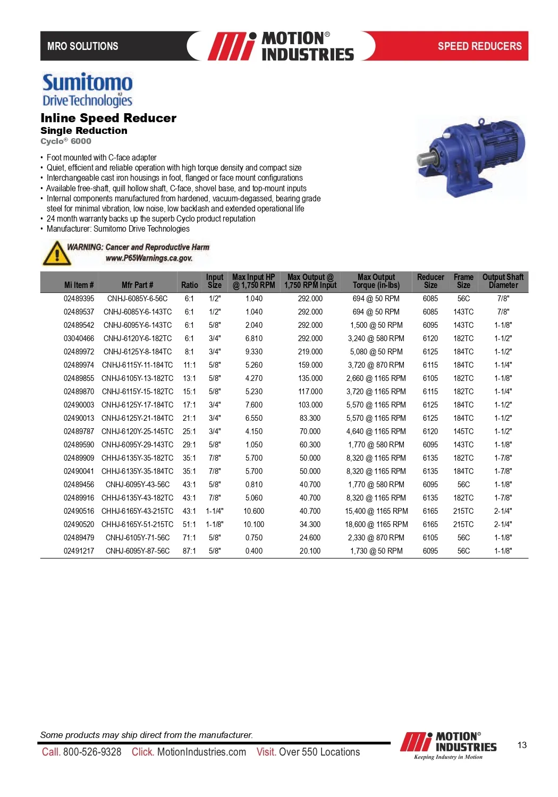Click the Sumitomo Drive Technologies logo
click(87, 90)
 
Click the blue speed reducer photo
click(470, 158)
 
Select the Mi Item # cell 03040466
click(79, 338)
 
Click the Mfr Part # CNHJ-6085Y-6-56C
click(137, 299)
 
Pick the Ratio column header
click(189, 285)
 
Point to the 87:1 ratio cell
click(189, 551)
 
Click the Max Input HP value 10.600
click(253, 511)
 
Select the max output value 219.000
click(310, 352)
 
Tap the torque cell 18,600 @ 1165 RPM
click(376, 524)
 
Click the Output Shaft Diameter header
click(503, 281)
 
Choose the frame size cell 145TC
click(463, 431)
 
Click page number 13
click(522, 745)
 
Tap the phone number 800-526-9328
click(92, 752)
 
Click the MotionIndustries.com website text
click(201, 752)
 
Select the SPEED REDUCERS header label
click(479, 46)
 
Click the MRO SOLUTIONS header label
click(83, 46)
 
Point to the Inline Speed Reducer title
click(108, 118)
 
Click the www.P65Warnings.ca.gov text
click(149, 258)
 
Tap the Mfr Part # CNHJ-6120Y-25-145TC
click(137, 431)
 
